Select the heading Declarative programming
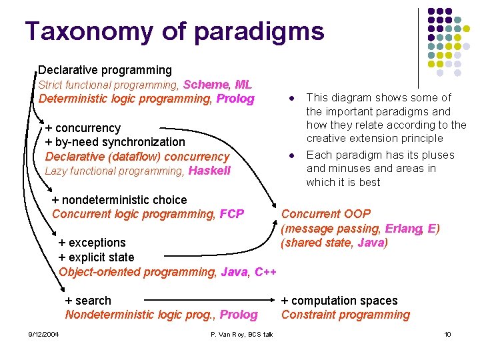pos(105,70)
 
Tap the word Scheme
pos(206,85)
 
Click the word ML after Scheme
pos(243,85)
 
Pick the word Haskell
pos(209,171)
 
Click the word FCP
pos(231,214)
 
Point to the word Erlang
pos(403,229)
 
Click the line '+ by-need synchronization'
pos(115,142)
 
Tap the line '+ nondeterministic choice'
pos(119,200)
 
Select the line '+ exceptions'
pos(92,243)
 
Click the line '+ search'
pos(88,301)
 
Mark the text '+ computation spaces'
pos(339,301)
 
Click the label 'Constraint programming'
pos(345,315)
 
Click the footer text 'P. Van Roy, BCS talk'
pos(241,334)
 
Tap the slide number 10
pos(447,334)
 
